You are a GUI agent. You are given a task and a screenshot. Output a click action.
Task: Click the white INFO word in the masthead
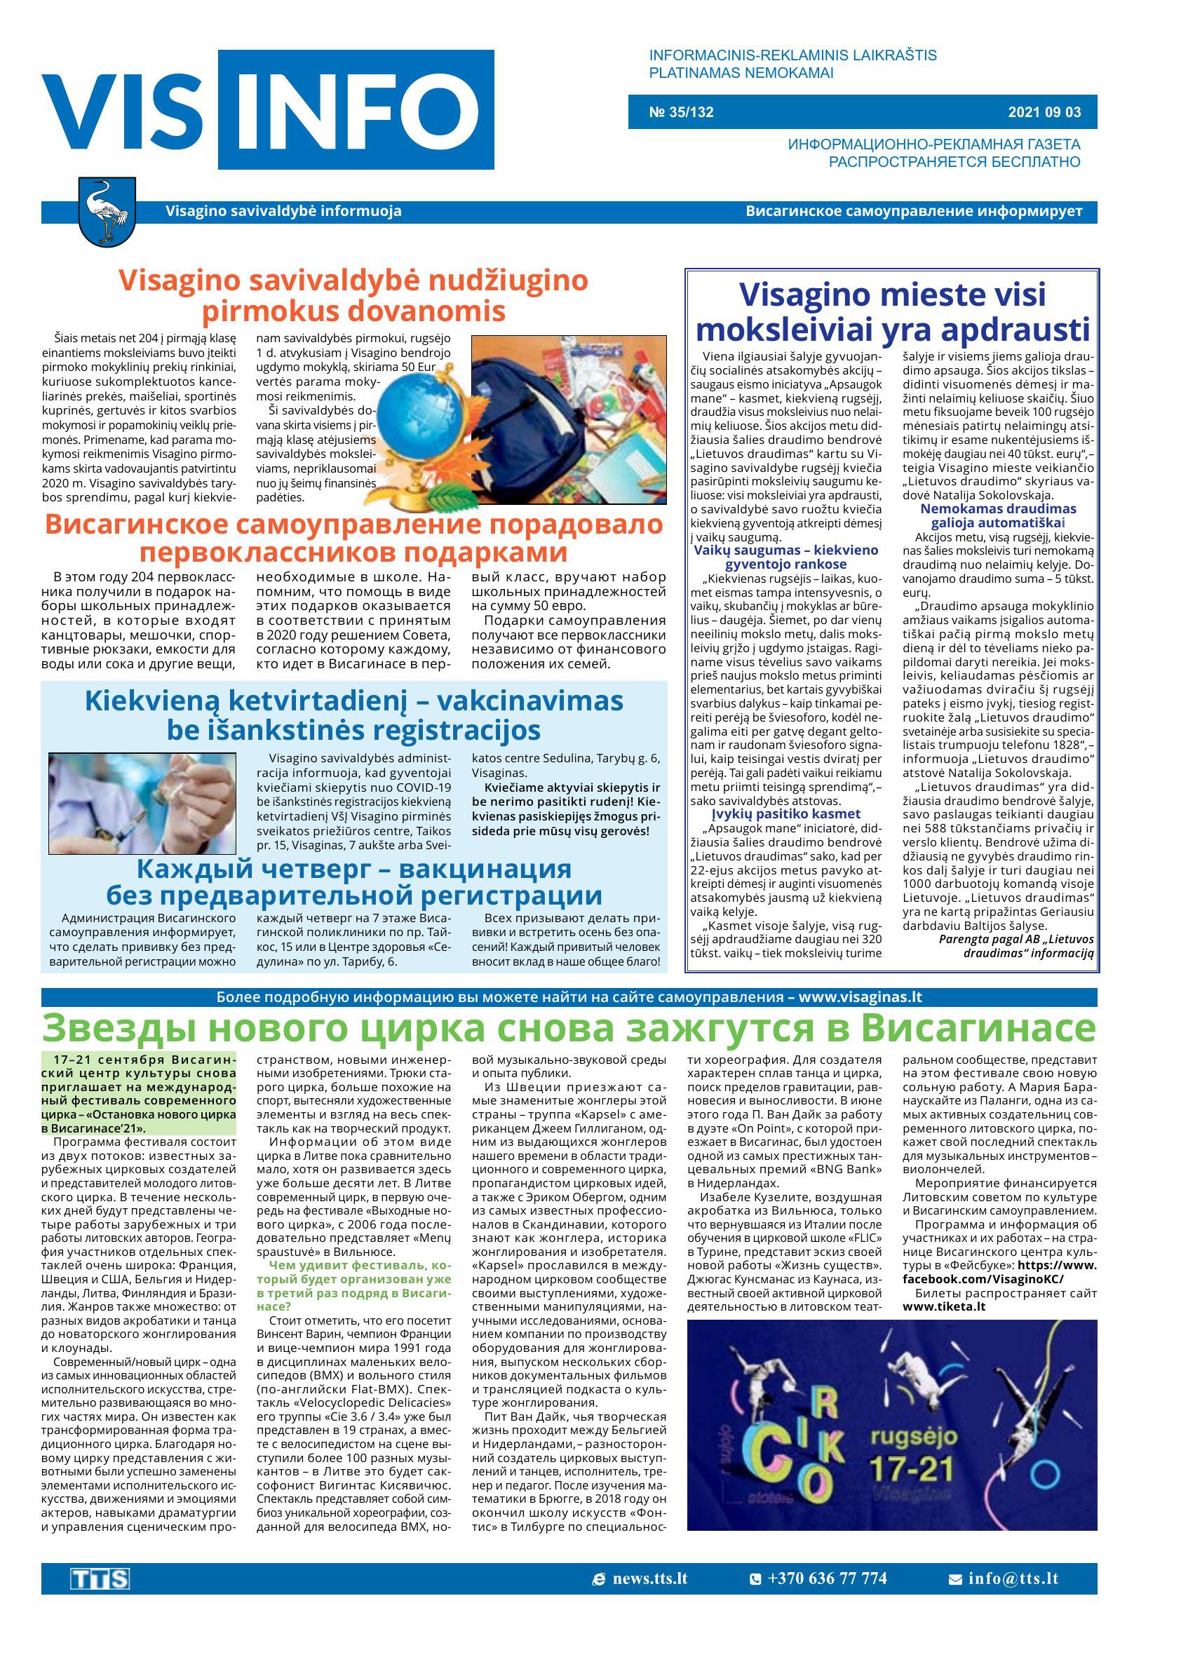tap(356, 110)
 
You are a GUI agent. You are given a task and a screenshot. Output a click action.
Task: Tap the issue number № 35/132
tap(681, 113)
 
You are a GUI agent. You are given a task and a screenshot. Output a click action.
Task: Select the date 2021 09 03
tap(1044, 113)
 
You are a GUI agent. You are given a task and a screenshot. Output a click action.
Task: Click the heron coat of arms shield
tap(107, 212)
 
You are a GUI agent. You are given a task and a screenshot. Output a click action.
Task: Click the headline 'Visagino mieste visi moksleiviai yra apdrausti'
tap(892, 312)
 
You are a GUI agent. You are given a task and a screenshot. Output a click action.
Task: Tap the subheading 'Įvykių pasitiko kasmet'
tap(786, 813)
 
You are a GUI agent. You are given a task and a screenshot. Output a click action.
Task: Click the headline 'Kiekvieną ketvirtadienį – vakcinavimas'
tap(354, 701)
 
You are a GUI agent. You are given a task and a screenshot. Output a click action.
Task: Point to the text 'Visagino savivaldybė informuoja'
tap(283, 212)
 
